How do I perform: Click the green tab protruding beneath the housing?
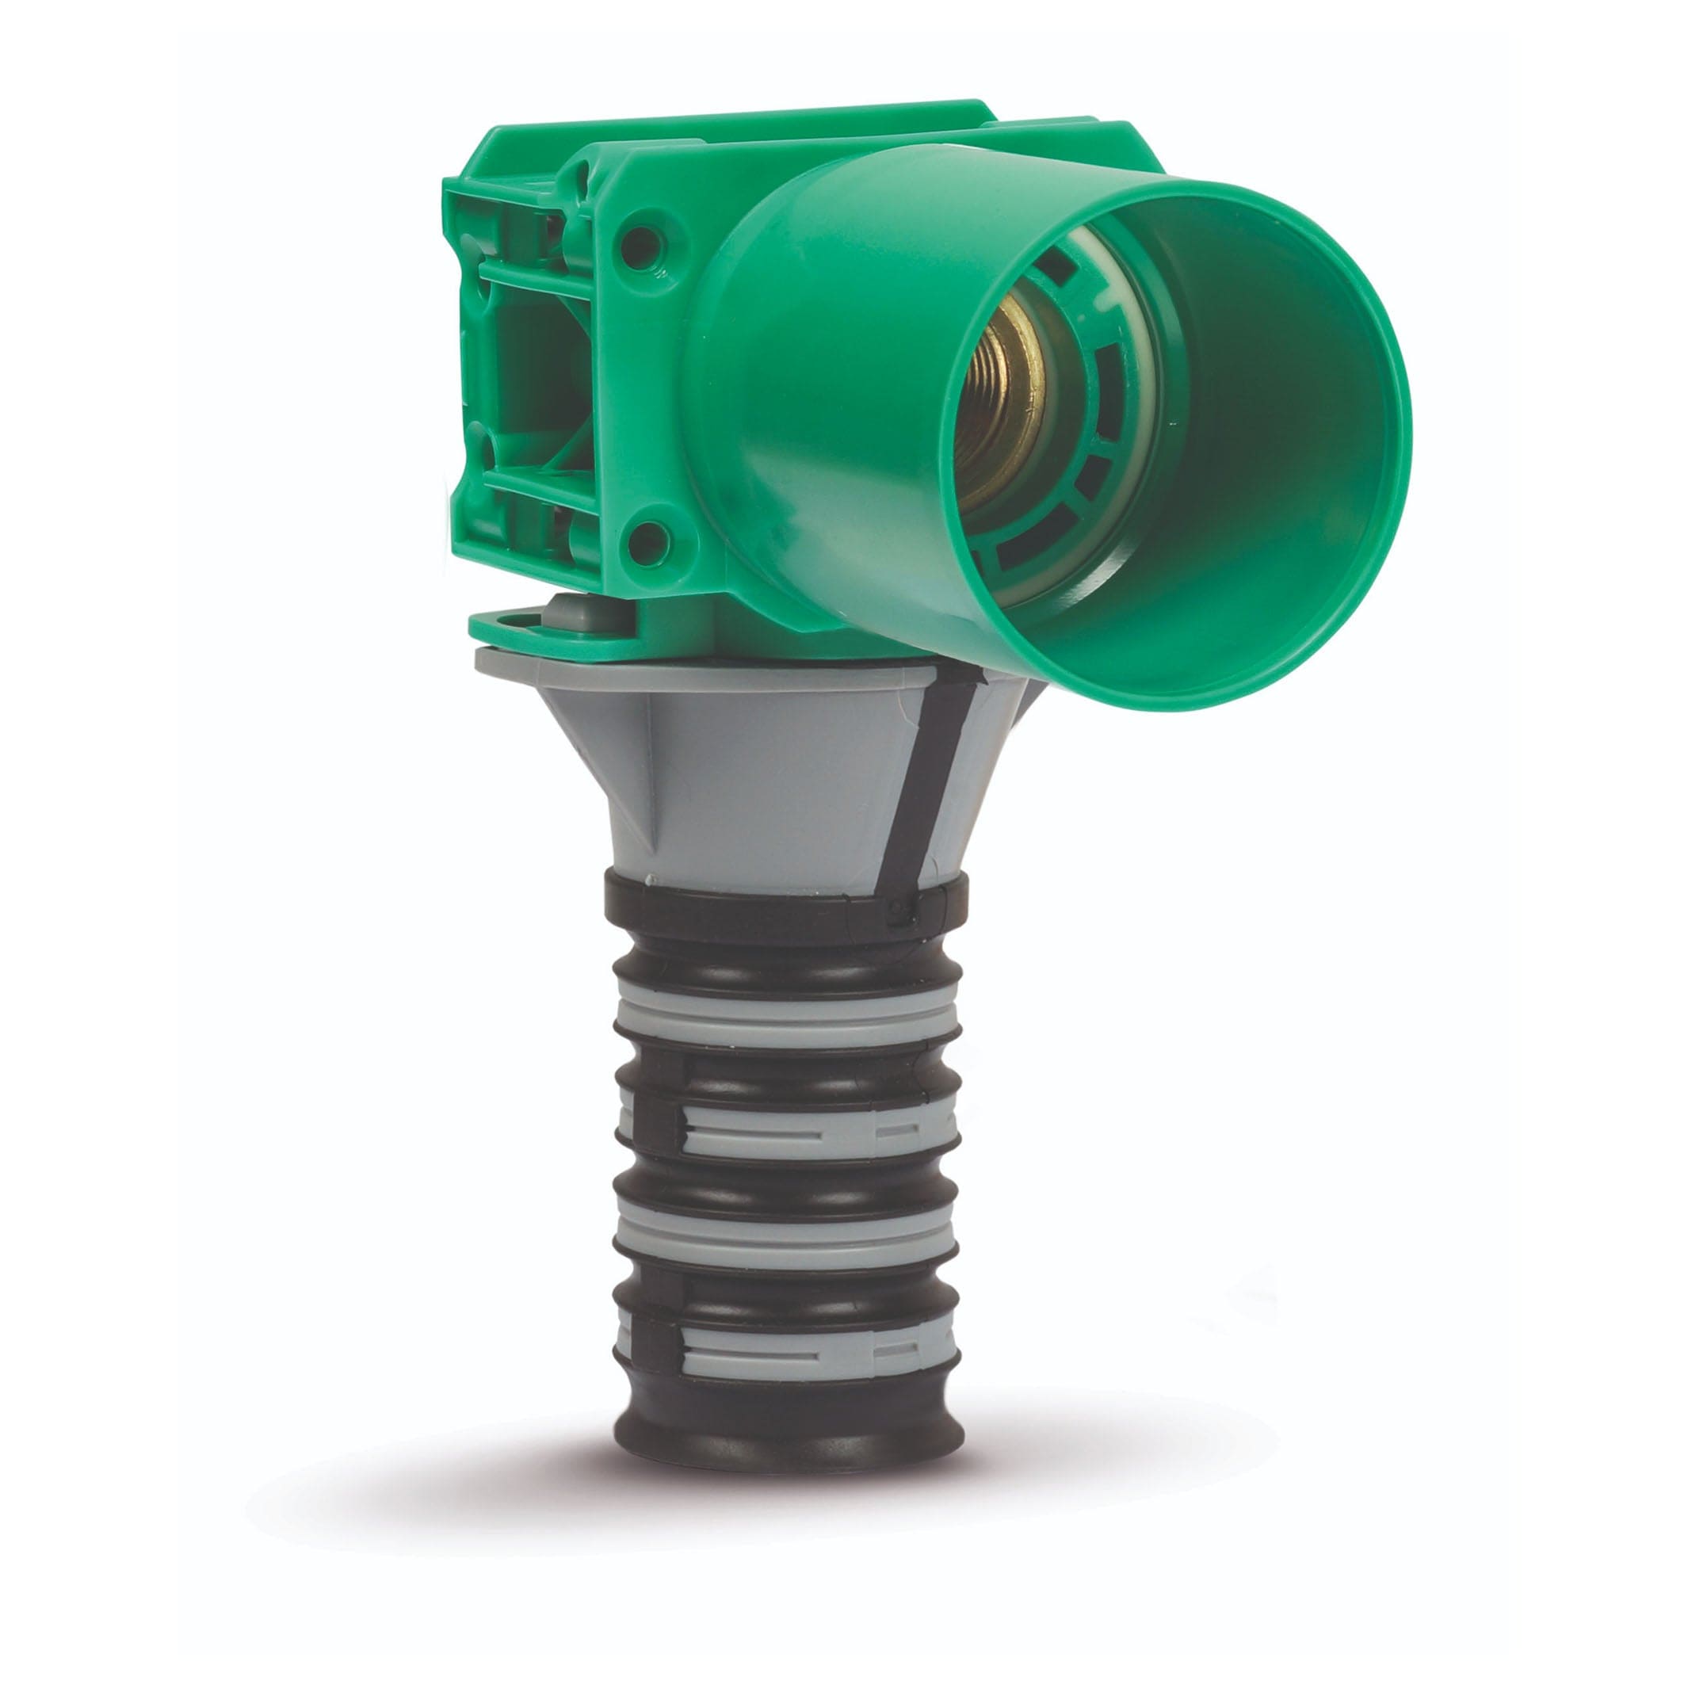[x=542, y=629]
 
